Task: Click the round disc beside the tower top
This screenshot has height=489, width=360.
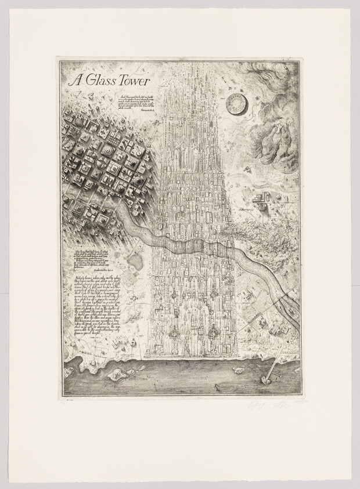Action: [x=237, y=103]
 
